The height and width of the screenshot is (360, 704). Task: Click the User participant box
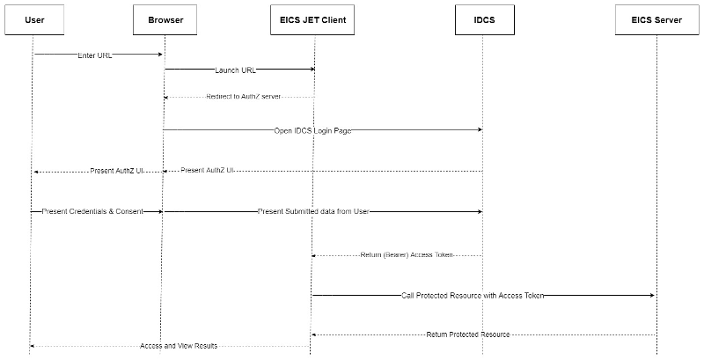(x=35, y=19)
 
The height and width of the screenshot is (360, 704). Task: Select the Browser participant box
(x=165, y=19)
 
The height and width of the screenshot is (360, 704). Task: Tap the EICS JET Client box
(x=312, y=19)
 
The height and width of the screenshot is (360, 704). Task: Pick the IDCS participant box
(x=482, y=19)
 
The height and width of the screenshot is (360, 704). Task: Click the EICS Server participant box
(x=656, y=19)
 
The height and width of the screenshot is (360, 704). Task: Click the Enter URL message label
(x=94, y=55)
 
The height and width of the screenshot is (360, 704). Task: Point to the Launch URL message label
(x=235, y=70)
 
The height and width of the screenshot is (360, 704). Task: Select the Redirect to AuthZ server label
(x=244, y=96)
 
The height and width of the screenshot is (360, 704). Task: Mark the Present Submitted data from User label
(x=312, y=212)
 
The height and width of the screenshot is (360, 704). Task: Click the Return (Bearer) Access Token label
(x=407, y=255)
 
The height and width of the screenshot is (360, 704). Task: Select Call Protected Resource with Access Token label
(x=473, y=296)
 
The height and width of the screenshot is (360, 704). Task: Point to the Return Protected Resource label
(x=467, y=334)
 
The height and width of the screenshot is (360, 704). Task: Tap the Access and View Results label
(x=178, y=346)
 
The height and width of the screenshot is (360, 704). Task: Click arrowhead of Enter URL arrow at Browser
(x=160, y=55)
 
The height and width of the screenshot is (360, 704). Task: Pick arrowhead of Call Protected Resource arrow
(x=652, y=296)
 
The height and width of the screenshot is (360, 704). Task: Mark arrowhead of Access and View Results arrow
(x=33, y=346)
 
